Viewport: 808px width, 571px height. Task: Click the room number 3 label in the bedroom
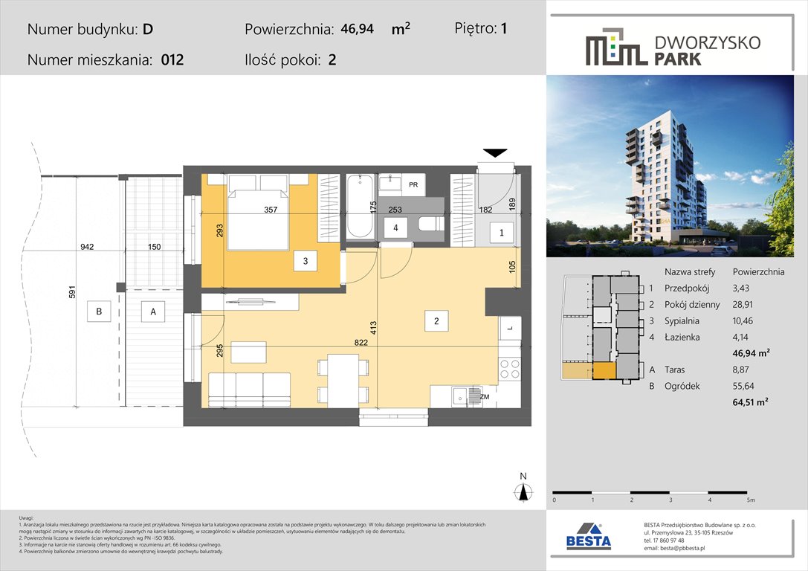coord(305,260)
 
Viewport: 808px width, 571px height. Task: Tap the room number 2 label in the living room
coord(437,321)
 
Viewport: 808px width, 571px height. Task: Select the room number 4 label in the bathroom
coord(396,229)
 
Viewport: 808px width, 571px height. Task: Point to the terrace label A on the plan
coord(153,312)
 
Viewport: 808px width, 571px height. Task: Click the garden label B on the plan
coord(98,312)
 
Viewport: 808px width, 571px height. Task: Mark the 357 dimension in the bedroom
coord(271,210)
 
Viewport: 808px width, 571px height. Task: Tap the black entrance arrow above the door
coord(494,152)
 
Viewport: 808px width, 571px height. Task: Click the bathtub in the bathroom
coord(360,206)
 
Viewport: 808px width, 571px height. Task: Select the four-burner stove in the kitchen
coord(510,369)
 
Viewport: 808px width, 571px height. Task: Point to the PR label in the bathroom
coord(413,184)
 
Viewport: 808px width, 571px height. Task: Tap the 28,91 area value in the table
coord(749,305)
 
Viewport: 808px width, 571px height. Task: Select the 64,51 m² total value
coord(751,401)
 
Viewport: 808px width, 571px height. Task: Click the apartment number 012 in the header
coord(172,60)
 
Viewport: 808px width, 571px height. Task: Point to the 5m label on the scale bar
coord(751,500)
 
